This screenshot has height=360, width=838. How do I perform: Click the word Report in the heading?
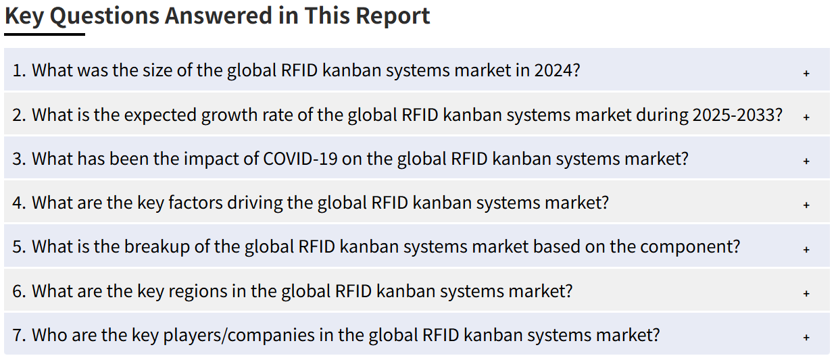pos(393,16)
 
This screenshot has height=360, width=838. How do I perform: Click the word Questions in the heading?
pos(104,16)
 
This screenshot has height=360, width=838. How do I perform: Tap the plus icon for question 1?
pos(806,73)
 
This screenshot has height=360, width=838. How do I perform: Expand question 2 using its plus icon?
pos(806,117)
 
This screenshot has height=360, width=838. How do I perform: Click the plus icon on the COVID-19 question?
pos(806,161)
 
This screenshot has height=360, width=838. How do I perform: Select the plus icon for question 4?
pos(806,205)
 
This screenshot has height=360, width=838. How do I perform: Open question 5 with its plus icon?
pos(806,249)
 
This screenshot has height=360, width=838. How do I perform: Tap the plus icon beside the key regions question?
pos(806,293)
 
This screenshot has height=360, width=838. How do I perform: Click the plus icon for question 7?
pos(806,337)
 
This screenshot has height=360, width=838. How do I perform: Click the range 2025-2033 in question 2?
pos(737,115)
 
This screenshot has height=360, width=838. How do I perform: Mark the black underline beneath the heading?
pos(45,34)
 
